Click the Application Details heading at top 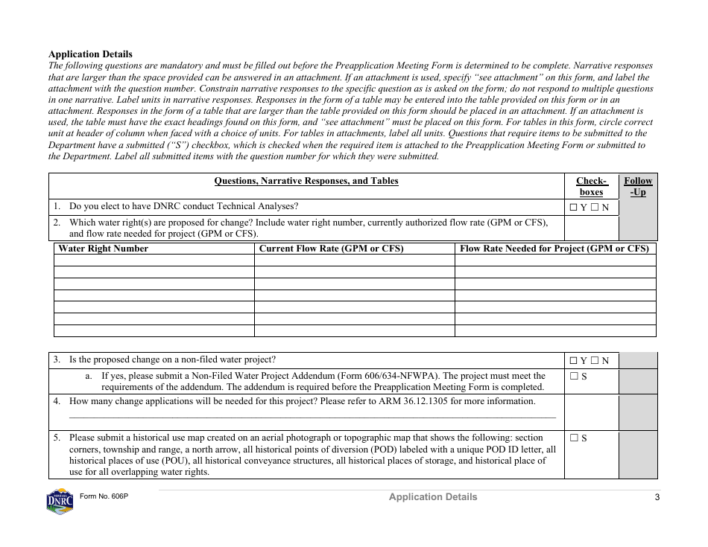tap(90, 54)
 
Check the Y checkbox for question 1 tap(573, 208)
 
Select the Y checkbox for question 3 tap(573, 361)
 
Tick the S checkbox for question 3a tap(573, 377)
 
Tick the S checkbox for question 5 tap(573, 438)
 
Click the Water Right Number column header tap(104, 249)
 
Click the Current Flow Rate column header tap(331, 249)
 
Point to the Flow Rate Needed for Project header tap(554, 249)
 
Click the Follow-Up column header tap(638, 186)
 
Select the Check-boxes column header tap(592, 186)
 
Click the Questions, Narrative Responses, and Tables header tap(306, 181)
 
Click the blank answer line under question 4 tap(312, 418)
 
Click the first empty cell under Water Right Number tap(154, 260)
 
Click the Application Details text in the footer tap(432, 497)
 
